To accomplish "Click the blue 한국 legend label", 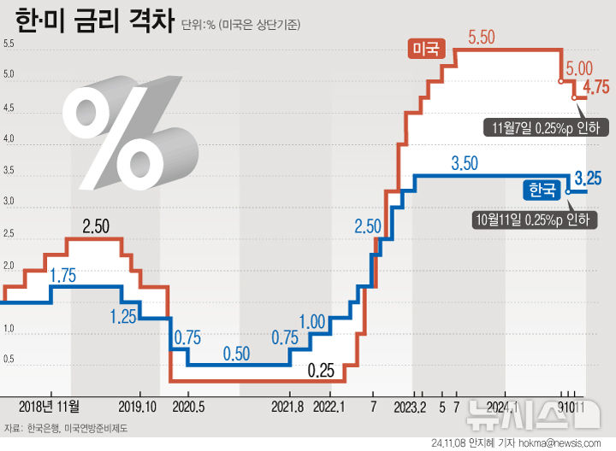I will [542, 190].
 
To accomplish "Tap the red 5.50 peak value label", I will [482, 37].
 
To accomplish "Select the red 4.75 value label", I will [596, 87].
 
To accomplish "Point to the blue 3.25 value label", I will [589, 179].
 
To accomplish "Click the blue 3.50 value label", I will [464, 163].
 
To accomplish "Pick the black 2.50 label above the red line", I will [96, 226].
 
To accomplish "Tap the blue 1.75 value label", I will [63, 275].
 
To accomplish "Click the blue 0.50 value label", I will [236, 353].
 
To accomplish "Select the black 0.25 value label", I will [321, 371].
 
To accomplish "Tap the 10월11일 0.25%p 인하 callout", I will [534, 220].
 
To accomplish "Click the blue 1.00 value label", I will [313, 322].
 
